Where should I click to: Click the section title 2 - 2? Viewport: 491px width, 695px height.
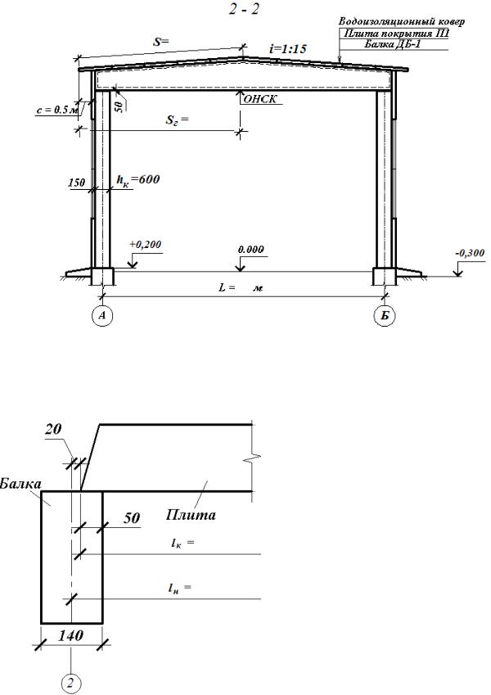click(244, 9)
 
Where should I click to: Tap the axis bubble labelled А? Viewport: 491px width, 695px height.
click(103, 315)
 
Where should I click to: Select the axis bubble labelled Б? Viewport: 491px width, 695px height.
click(385, 315)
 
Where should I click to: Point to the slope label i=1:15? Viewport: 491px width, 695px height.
click(288, 48)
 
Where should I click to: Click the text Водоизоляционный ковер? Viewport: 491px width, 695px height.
click(402, 21)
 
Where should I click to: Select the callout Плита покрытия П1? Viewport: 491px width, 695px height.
click(397, 34)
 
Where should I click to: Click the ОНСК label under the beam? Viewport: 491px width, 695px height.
click(260, 99)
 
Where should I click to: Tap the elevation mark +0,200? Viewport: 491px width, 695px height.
click(146, 244)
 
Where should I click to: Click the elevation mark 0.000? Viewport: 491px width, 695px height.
click(250, 249)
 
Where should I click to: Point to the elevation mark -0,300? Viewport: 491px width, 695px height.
click(470, 253)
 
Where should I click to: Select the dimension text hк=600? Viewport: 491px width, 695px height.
click(137, 180)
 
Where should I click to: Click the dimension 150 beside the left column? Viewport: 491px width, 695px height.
click(77, 183)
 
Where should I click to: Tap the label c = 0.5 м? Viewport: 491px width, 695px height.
click(57, 111)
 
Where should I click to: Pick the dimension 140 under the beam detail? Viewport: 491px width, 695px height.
click(71, 635)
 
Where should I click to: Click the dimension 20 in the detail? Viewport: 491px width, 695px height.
click(54, 429)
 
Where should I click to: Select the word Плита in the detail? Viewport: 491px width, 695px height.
click(191, 515)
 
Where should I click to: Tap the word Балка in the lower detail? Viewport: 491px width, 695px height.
click(20, 483)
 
